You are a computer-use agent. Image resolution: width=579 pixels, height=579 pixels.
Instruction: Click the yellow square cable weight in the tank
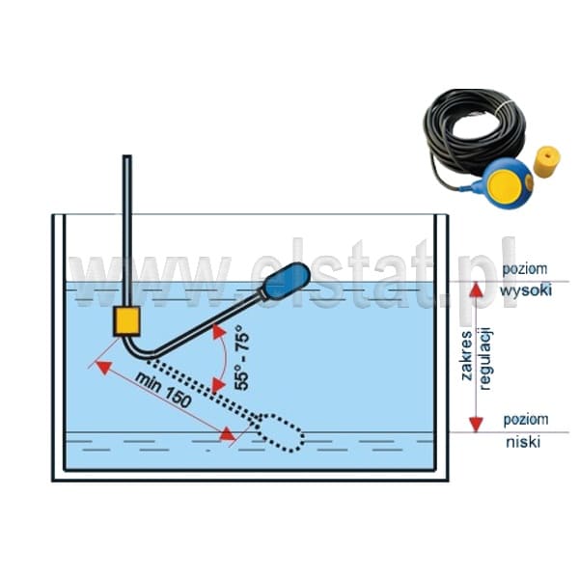click(x=126, y=321)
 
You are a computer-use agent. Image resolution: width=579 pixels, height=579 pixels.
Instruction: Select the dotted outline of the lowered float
click(x=280, y=432)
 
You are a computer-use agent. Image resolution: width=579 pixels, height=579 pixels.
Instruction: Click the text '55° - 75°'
click(x=242, y=357)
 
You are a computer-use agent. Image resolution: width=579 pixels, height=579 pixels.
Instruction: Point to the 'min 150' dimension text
click(x=163, y=390)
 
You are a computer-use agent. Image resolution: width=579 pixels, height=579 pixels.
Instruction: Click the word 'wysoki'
click(x=526, y=289)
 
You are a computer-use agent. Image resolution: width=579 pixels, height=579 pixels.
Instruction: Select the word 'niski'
click(x=523, y=442)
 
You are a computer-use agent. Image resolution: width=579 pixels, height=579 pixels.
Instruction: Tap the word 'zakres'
click(x=467, y=355)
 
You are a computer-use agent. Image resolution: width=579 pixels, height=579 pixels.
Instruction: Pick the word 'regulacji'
click(x=484, y=358)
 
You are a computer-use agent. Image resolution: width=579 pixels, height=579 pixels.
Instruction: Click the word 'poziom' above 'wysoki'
click(x=525, y=269)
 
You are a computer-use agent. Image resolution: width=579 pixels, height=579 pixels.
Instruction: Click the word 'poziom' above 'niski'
click(x=526, y=420)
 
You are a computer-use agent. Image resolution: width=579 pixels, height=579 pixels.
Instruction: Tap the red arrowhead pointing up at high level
click(x=477, y=289)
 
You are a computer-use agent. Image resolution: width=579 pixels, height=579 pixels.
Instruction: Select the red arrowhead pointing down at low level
click(x=476, y=425)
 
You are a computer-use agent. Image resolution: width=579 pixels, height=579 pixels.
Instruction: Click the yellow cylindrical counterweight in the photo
click(x=547, y=162)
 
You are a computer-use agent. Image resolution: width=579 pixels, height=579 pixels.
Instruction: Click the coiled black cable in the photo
click(x=475, y=129)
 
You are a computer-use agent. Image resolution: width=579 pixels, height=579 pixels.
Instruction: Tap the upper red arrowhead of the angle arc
click(x=219, y=332)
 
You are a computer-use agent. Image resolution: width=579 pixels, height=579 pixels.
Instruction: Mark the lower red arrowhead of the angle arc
click(x=218, y=385)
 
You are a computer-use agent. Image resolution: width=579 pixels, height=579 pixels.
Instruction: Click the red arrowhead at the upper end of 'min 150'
click(x=104, y=368)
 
